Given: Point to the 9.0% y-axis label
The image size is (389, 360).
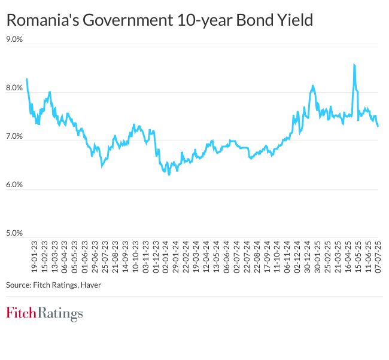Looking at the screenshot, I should click(14, 39).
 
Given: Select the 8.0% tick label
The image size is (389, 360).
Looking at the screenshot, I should click(14, 88).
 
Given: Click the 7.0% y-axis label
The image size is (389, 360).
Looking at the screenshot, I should click(14, 136).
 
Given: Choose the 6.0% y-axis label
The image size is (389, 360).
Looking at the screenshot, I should click(14, 185).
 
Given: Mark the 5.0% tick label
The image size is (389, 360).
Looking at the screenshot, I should click(14, 233).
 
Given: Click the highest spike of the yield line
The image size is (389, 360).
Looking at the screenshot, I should click(355, 65).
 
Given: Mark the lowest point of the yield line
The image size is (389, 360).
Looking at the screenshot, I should click(169, 174).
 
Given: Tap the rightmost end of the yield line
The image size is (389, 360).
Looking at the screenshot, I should click(378, 126).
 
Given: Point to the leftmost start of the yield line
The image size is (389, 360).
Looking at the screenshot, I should click(27, 79).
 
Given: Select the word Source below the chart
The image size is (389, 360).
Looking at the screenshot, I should click(18, 285).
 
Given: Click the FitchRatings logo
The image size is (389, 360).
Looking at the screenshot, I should click(44, 313).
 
